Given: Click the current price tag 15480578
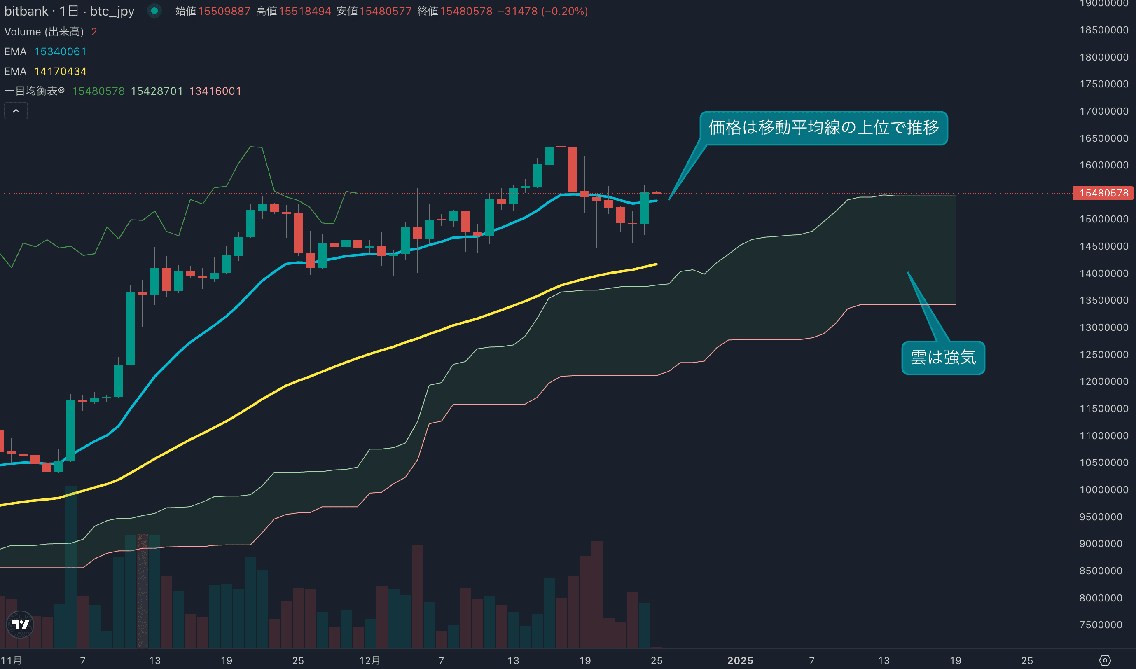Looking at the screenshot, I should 1103,193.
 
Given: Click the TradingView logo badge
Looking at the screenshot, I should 20,625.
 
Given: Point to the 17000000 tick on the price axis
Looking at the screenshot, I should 1103,111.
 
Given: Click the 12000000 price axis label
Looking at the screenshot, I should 1103,381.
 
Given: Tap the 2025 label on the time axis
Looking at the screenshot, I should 740,660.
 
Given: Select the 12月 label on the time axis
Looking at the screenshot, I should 369,660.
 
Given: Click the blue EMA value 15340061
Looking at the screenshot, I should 60,52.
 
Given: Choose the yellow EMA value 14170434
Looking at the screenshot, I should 60,71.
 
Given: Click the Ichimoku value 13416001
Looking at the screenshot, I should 215,91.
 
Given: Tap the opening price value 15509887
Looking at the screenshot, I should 224,11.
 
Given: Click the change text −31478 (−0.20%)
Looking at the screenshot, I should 543,11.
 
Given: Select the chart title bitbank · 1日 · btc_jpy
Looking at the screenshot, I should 69,11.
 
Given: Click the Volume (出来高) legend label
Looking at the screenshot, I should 44,32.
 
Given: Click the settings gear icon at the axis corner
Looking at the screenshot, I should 1105,660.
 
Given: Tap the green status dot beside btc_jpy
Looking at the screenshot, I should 154,11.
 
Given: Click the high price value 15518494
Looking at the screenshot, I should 305,11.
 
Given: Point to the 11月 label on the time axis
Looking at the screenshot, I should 11,660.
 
